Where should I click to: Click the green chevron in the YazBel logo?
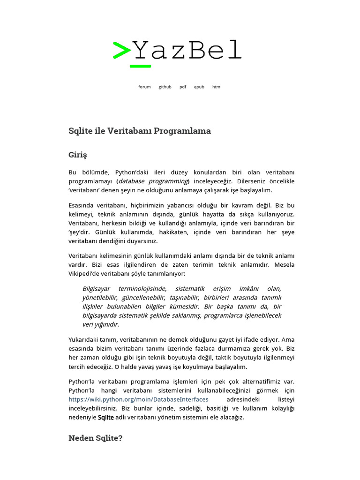(x=121, y=50)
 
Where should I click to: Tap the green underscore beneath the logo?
(x=140, y=66)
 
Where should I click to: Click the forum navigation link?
(x=144, y=87)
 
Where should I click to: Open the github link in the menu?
(x=165, y=87)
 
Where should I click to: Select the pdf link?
(x=183, y=87)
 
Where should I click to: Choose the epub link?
(x=199, y=87)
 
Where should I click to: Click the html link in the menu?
(x=217, y=87)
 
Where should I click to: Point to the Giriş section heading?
(x=78, y=155)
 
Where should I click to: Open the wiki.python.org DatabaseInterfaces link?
(x=138, y=399)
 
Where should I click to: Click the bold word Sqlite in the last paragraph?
(x=105, y=417)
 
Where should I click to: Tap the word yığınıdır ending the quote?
(x=107, y=324)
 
